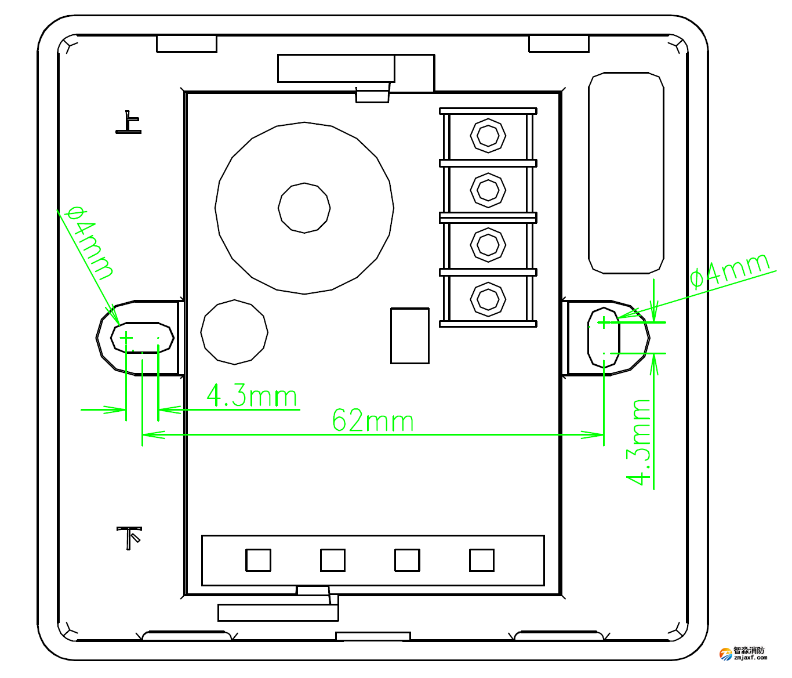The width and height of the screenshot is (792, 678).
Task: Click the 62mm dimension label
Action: pos(373,421)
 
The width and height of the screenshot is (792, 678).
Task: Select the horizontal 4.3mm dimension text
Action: pos(252,396)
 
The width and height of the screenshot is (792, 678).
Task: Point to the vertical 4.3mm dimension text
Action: pos(640,441)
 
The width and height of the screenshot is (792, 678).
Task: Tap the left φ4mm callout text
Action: pos(90,242)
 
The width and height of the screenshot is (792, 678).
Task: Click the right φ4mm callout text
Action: pos(731,270)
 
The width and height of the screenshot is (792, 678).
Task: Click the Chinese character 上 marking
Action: pos(129,123)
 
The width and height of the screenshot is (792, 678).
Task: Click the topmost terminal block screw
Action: pos(488,136)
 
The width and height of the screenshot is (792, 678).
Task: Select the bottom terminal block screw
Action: pos(488,299)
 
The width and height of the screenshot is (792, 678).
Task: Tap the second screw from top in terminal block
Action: pos(488,190)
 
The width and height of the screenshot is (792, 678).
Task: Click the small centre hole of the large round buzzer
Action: pos(304,208)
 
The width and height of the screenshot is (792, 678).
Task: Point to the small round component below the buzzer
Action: pos(234,332)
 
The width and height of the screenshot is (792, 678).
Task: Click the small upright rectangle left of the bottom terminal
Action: pos(410,336)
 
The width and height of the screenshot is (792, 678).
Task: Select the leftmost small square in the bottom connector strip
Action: pos(258,560)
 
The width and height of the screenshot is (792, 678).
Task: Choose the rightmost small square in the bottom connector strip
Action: pos(481,560)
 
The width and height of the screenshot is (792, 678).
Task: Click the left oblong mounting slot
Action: pos(142,338)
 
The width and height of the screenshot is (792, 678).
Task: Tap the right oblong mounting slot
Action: pos(604,338)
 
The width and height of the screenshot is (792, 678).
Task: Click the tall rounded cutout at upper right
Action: pos(626,173)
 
